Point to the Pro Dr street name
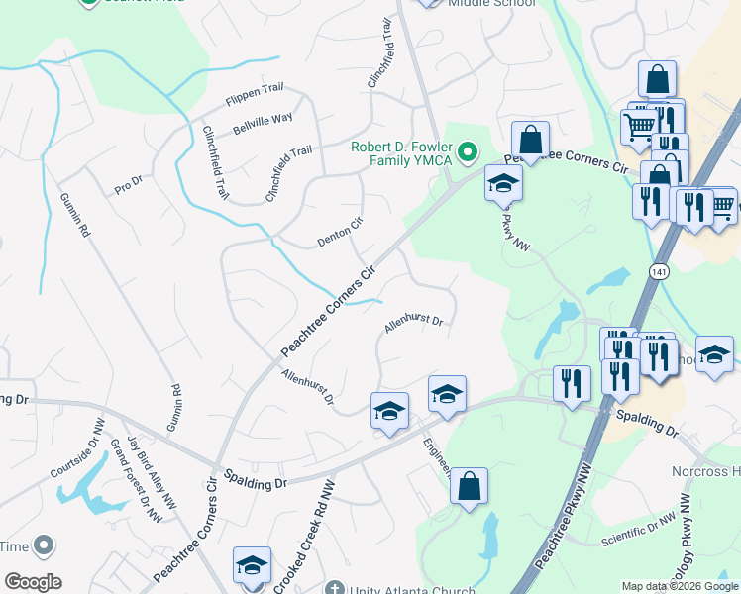[129, 183]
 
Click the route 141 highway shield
[660, 270]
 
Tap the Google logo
[33, 582]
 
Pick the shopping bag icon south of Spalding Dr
[470, 486]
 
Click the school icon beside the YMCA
[503, 183]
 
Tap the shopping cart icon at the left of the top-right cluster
[640, 126]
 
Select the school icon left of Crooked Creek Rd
[252, 565]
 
